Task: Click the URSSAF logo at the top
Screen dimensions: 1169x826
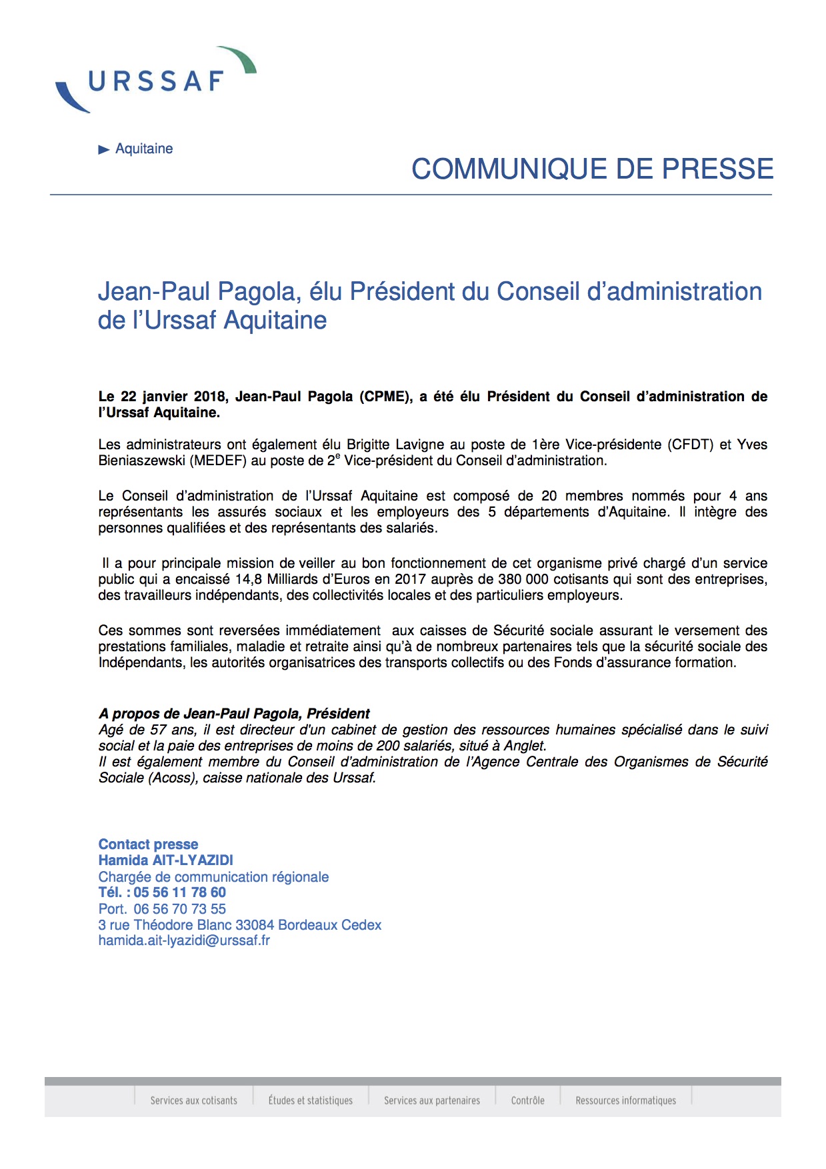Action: click(156, 81)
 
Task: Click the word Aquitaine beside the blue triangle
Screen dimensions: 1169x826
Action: click(144, 149)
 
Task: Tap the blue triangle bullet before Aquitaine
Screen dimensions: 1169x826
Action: click(103, 149)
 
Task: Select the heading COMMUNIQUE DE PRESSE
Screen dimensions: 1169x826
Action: click(592, 169)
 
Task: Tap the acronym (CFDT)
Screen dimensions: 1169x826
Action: click(690, 445)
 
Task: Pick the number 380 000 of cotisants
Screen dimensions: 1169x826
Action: click(523, 579)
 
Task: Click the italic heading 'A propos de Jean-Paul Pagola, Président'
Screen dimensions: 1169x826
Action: click(234, 714)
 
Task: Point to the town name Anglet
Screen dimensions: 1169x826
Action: click(525, 746)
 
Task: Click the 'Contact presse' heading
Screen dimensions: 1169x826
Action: click(148, 844)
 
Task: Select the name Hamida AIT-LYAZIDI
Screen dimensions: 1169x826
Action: click(166, 860)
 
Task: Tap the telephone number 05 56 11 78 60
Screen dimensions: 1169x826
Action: click(179, 892)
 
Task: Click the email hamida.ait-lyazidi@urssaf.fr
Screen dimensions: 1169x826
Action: click(184, 940)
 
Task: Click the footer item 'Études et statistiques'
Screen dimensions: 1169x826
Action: click(311, 1100)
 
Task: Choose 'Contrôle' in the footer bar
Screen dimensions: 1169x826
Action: click(528, 1100)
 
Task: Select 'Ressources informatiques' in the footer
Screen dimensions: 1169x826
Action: click(626, 1100)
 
